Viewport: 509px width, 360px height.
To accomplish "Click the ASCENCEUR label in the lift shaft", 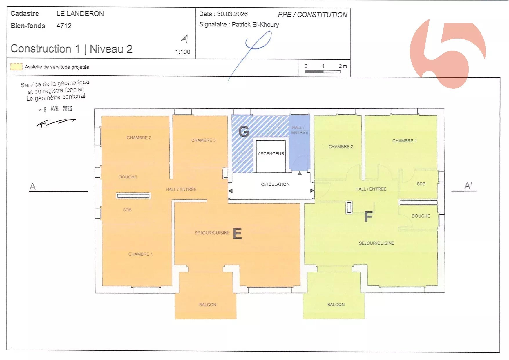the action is pos(271,154).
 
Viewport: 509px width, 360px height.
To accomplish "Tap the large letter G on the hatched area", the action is pos(244,132).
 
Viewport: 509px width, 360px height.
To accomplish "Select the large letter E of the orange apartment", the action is pos(237,234).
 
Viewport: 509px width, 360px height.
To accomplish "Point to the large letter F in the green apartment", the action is pos(368,216).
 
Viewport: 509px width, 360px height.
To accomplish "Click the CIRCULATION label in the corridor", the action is pos(275,184).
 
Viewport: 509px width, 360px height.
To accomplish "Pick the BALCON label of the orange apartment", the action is pos(208,305).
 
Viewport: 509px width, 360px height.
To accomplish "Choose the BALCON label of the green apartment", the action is pos(336,305).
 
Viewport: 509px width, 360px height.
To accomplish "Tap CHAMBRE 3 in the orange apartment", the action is pos(203,140).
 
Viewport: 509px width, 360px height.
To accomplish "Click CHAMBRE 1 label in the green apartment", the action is pos(404,141).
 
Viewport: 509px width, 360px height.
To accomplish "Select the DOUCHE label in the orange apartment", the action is pos(128,177).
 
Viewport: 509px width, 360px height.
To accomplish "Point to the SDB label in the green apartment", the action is pos(421,184).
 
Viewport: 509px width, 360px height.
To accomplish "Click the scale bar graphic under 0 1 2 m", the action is pos(323,72).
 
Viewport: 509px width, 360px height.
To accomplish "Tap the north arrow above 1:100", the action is pos(185,39).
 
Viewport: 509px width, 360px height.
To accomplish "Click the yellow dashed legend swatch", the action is pos(16,67).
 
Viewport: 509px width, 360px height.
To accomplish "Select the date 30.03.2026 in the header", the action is pos(232,14).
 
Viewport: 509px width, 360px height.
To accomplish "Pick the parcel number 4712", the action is pos(64,26).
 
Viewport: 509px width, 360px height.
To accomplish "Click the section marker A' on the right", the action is pos(468,186).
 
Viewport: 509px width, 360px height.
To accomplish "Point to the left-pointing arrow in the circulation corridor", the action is pos(230,191).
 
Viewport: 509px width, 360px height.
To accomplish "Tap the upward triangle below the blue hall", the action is pos(300,173).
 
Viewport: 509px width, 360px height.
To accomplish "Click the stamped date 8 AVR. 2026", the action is pos(55,109).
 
